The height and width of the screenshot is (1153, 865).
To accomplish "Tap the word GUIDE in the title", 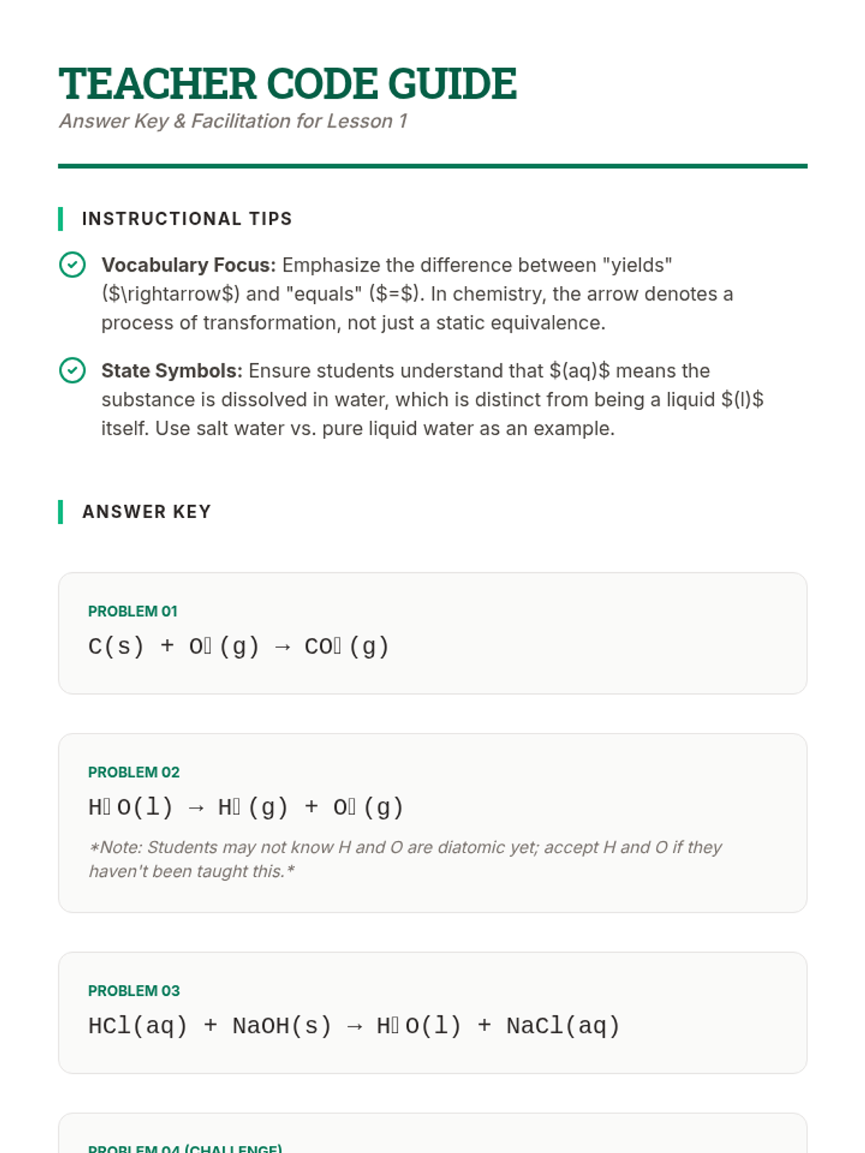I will coord(452,84).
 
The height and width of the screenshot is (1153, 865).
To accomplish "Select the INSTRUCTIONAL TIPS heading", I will coord(187,219).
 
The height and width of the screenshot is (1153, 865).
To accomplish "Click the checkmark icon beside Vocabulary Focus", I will coord(72,265).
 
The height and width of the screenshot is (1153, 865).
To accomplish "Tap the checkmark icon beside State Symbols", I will coord(72,370).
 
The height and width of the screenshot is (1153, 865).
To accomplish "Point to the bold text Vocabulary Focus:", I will coord(188,265).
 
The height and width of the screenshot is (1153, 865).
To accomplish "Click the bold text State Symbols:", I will coord(172,370).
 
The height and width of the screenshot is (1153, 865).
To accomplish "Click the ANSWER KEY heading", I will coord(146,512).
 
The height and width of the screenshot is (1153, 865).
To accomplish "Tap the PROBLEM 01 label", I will coord(133,611).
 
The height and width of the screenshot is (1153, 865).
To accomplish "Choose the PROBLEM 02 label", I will coord(133,772).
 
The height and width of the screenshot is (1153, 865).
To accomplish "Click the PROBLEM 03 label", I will coord(133,991).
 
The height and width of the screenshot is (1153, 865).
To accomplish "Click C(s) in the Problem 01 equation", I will coord(116,646).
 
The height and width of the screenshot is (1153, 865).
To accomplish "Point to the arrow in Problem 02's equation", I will coord(195,808).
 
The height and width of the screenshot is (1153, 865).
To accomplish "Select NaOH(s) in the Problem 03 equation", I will coord(282,1026).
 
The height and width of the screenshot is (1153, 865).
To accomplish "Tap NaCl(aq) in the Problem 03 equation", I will coord(563,1026).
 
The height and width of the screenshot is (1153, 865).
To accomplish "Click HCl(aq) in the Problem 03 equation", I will coord(138,1026).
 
